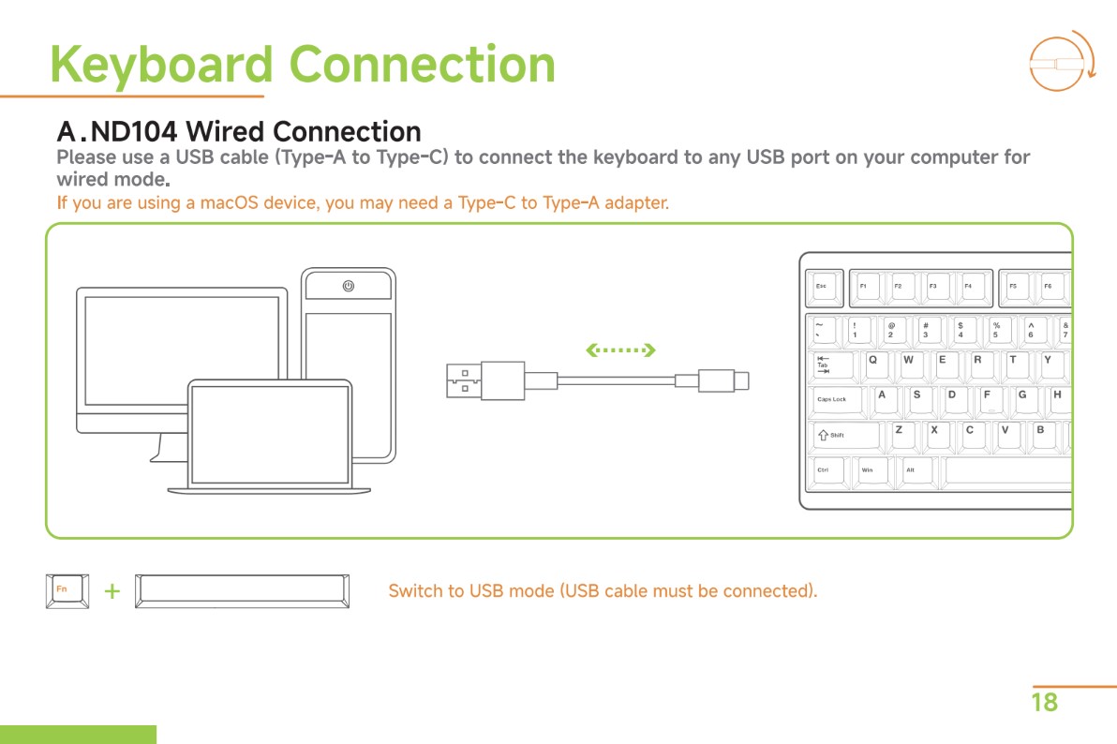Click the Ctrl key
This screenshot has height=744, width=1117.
(827, 470)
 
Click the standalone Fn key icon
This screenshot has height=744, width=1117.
(67, 590)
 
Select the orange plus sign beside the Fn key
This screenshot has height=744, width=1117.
(112, 591)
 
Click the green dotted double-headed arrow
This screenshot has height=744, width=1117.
(618, 351)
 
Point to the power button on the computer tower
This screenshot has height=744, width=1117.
(349, 286)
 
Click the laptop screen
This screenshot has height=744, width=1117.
(270, 434)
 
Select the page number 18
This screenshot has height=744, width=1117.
(1044, 702)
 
